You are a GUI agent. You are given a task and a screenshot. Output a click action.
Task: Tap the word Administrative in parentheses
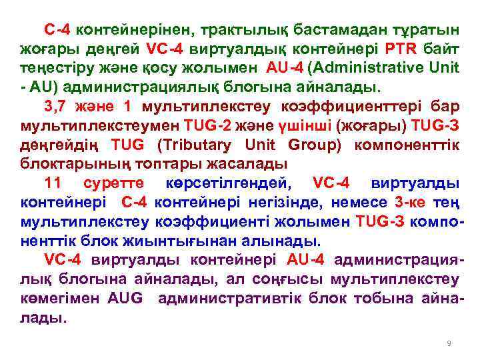(379, 67)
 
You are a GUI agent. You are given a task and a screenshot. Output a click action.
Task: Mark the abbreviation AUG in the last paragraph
(125, 298)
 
